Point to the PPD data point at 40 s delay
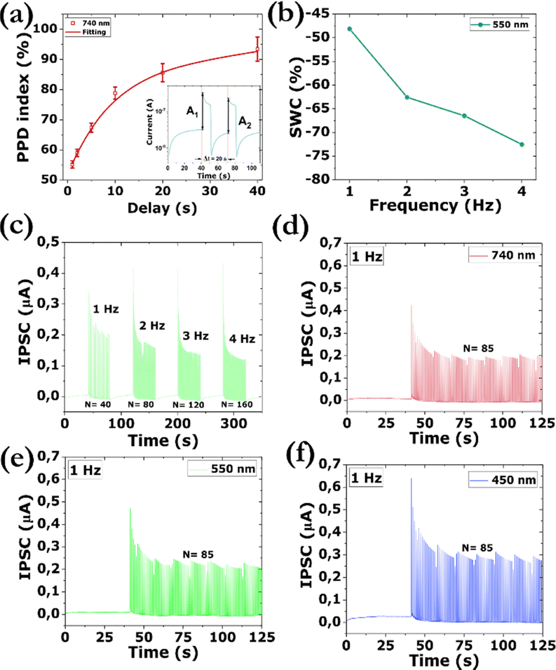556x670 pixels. tap(258, 50)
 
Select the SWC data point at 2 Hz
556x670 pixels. tap(406, 97)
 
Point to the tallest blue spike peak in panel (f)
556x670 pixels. tap(411, 479)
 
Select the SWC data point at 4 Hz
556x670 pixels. tap(522, 144)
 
